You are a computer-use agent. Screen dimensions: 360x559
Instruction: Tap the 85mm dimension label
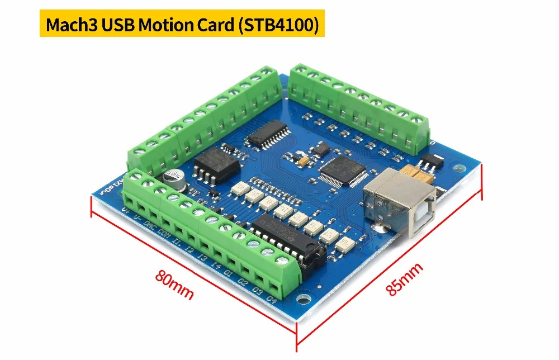[x=404, y=279]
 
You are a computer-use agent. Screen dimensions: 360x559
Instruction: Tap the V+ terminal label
[x=125, y=212]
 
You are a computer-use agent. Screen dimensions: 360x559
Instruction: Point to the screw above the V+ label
[x=135, y=178]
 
